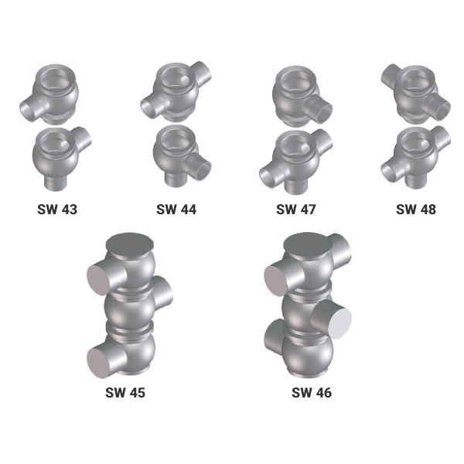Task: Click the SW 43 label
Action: tap(57, 210)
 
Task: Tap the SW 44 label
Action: tap(176, 210)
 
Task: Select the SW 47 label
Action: tap(296, 210)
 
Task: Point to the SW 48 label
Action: tap(416, 210)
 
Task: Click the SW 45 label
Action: tap(125, 393)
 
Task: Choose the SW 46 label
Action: tap(312, 393)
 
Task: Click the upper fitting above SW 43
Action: tap(49, 94)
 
